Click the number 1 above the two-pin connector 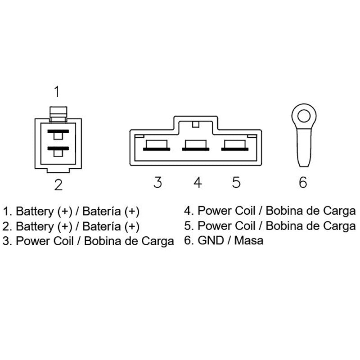pos(57,91)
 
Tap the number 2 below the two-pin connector pos(58,185)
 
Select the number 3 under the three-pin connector pos(158,182)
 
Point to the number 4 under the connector pos(198,182)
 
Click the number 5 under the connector pos(236,182)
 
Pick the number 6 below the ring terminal pos(303,182)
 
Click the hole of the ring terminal pos(304,116)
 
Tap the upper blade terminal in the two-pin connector pos(58,134)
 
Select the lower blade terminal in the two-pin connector pos(58,152)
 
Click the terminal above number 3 pos(157,145)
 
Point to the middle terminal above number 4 pos(196,145)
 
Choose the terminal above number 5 pos(234,145)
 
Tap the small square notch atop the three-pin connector pos(195,124)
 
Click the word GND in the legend pos(211,240)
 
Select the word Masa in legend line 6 pos(249,240)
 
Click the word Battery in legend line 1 pos(35,211)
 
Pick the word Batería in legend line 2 pos(102,226)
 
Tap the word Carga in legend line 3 pos(157,242)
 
